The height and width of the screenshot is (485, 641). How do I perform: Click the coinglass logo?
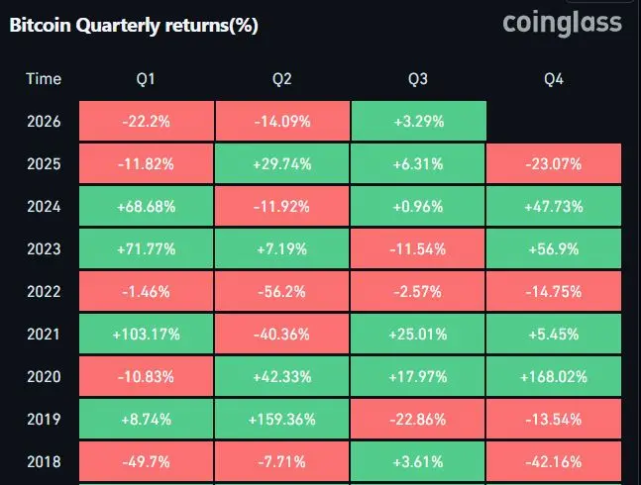tap(562, 24)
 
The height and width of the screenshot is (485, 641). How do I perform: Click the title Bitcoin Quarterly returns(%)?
tap(134, 26)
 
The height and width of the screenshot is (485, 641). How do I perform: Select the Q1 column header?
tap(146, 79)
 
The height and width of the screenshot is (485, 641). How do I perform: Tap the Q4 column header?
tap(554, 79)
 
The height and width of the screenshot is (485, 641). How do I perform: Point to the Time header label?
tap(44, 79)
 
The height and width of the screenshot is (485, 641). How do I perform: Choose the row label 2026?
tap(44, 121)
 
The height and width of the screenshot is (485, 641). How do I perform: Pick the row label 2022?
tap(44, 291)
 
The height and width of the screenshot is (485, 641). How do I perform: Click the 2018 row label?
tap(44, 461)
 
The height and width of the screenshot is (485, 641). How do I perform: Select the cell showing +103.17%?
tap(146, 334)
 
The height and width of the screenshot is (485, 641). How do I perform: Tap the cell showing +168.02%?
tap(554, 376)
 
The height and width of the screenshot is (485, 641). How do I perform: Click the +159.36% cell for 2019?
tap(282, 419)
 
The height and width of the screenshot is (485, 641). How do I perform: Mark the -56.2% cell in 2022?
tap(282, 291)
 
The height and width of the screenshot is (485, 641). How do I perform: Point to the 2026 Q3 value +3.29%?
tap(419, 121)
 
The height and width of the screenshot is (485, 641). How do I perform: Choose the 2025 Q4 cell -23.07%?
tap(554, 163)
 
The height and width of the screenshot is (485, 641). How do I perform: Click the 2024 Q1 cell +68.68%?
tap(146, 206)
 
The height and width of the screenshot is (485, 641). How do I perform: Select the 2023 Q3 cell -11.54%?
tap(418, 248)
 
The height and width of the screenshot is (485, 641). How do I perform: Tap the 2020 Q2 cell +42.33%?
tap(282, 376)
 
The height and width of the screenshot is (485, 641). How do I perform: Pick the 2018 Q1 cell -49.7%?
tap(146, 461)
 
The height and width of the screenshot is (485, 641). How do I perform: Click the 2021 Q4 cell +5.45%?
tap(554, 334)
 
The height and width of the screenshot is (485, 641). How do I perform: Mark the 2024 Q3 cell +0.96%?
tap(418, 206)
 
